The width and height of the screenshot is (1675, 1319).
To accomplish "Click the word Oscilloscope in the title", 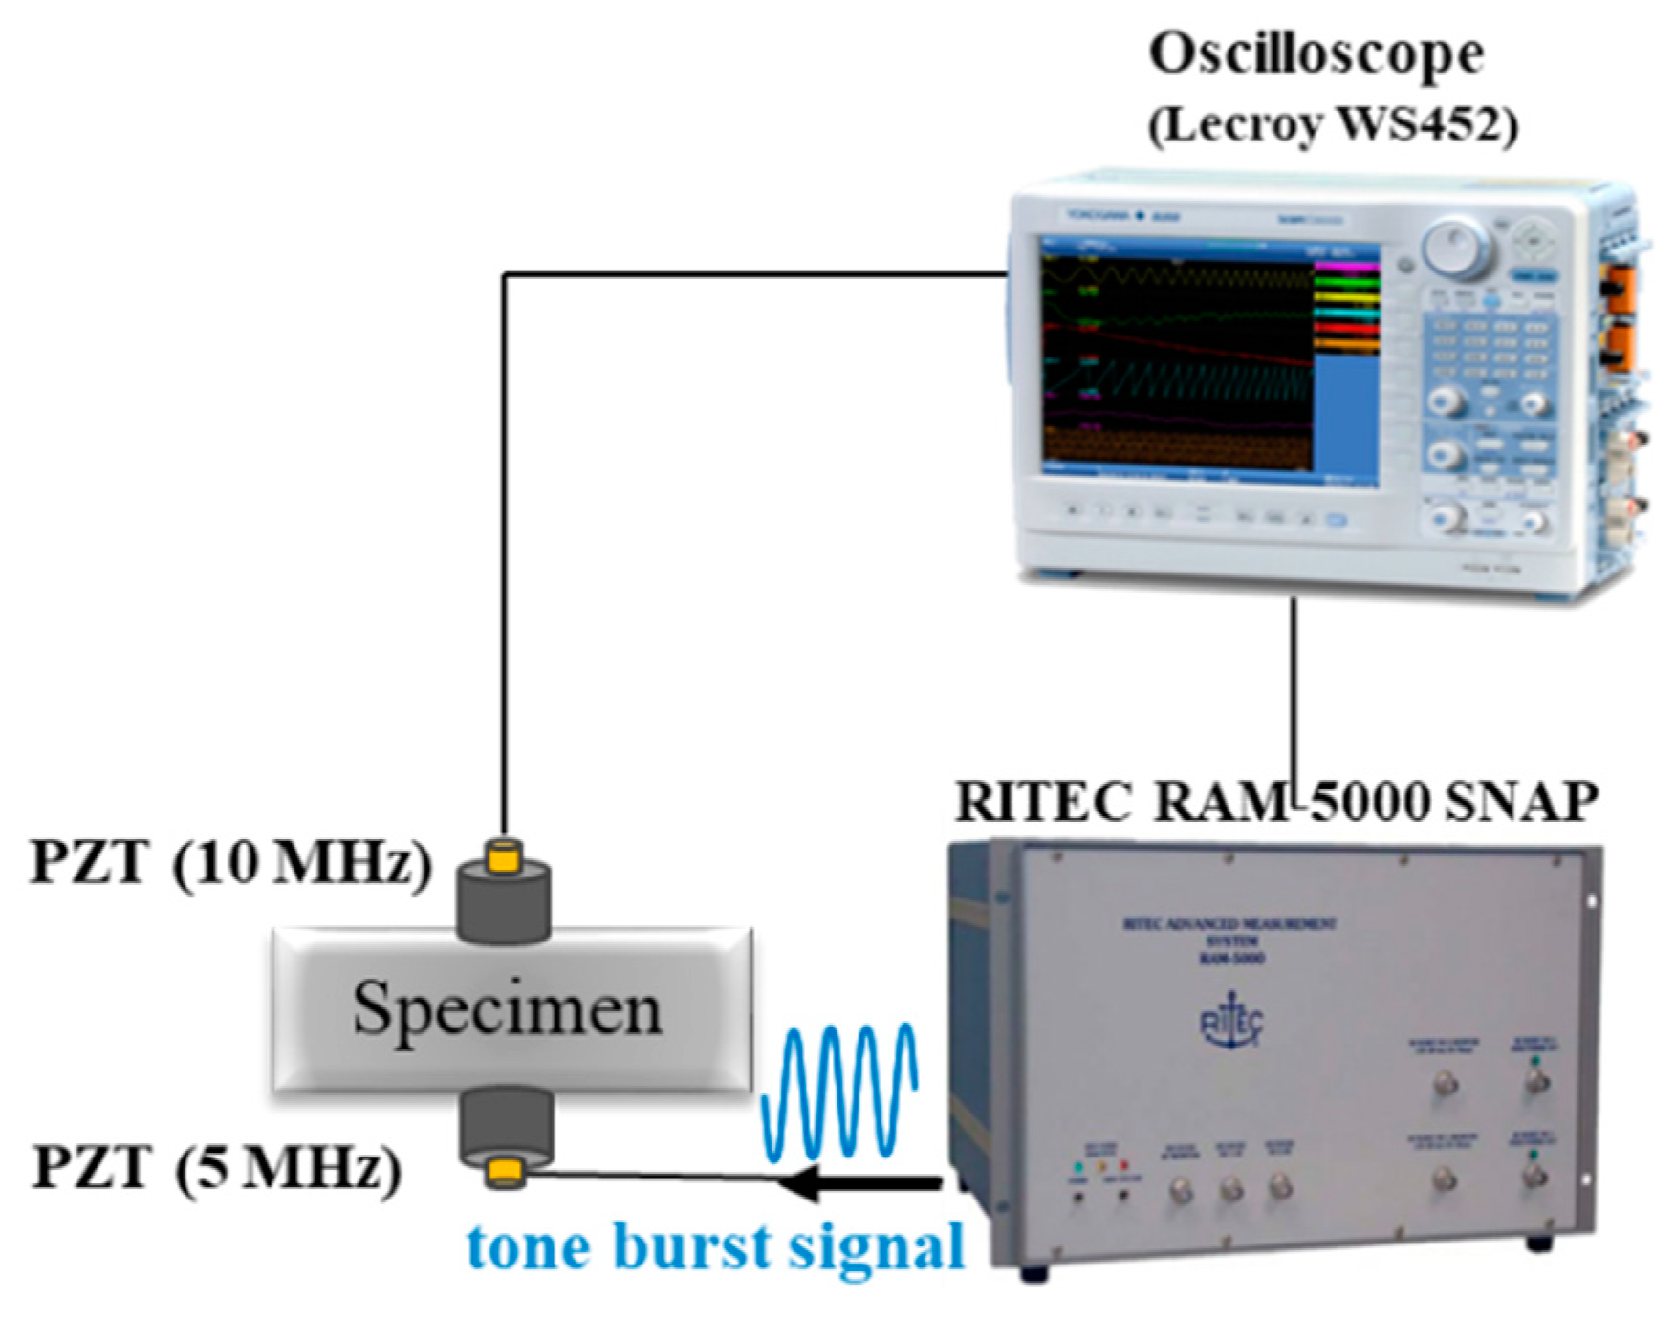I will tap(1316, 54).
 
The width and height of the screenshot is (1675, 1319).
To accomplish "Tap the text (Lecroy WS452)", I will tap(1333, 124).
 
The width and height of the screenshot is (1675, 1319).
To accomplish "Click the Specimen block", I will tap(511, 1009).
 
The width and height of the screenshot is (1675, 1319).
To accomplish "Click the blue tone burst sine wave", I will tap(839, 1090).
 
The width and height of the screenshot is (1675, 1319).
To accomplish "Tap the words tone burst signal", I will tap(715, 1247).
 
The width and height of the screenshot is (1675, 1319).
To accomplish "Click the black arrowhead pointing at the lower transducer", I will tap(803, 1183).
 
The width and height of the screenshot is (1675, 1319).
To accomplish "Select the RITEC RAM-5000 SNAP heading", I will tap(1276, 801).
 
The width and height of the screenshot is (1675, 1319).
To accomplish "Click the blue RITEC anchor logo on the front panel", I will tap(1231, 1025).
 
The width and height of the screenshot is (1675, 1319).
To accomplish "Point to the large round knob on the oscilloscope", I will tap(1456, 248).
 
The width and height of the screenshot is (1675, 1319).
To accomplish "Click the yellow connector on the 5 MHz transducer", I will tap(504, 1172).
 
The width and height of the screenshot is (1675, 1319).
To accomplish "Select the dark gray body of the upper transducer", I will tap(504, 903).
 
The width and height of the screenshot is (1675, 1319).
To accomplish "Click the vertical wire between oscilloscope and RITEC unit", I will tap(1294, 688).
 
